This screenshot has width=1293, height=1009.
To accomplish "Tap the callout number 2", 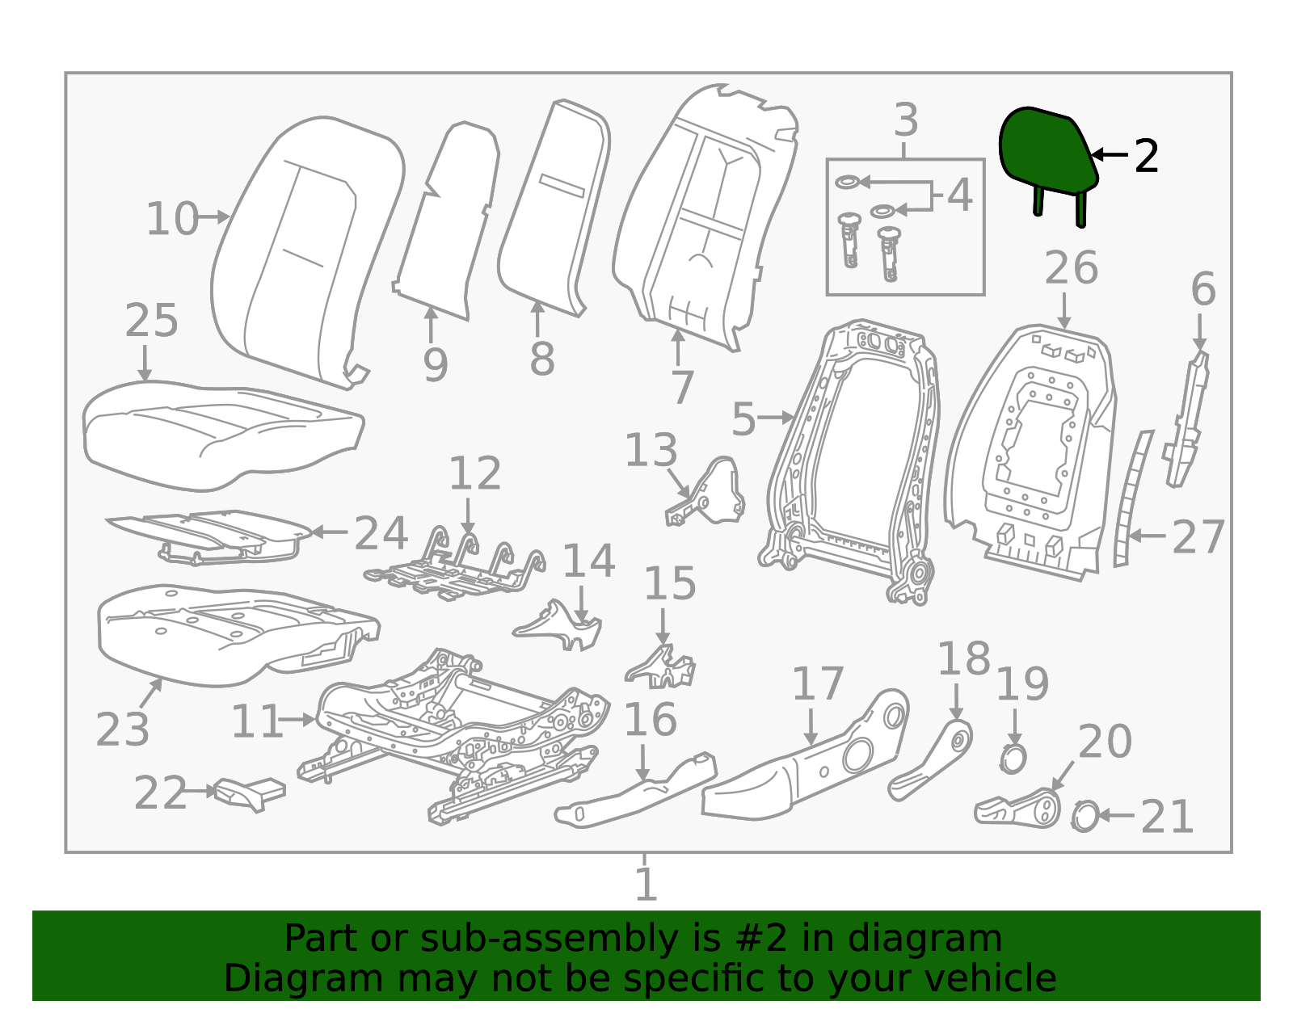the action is click(1146, 157).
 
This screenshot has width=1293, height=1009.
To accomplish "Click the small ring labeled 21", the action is click(1085, 817).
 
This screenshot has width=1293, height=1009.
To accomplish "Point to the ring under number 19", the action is click(1013, 759).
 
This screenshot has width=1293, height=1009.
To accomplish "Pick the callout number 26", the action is click(1071, 268).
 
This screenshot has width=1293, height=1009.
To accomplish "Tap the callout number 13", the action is click(651, 450).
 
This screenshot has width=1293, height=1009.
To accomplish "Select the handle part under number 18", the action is click(930, 762).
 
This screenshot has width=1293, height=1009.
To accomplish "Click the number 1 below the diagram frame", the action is click(646, 885).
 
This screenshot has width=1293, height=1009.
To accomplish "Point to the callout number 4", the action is click(960, 195).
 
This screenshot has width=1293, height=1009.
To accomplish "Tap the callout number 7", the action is click(683, 388).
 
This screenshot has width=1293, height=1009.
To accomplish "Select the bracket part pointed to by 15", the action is click(660, 668).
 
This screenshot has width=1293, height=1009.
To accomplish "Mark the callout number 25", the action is click(151, 321).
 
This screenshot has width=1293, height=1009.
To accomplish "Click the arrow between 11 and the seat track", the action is click(297, 721).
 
